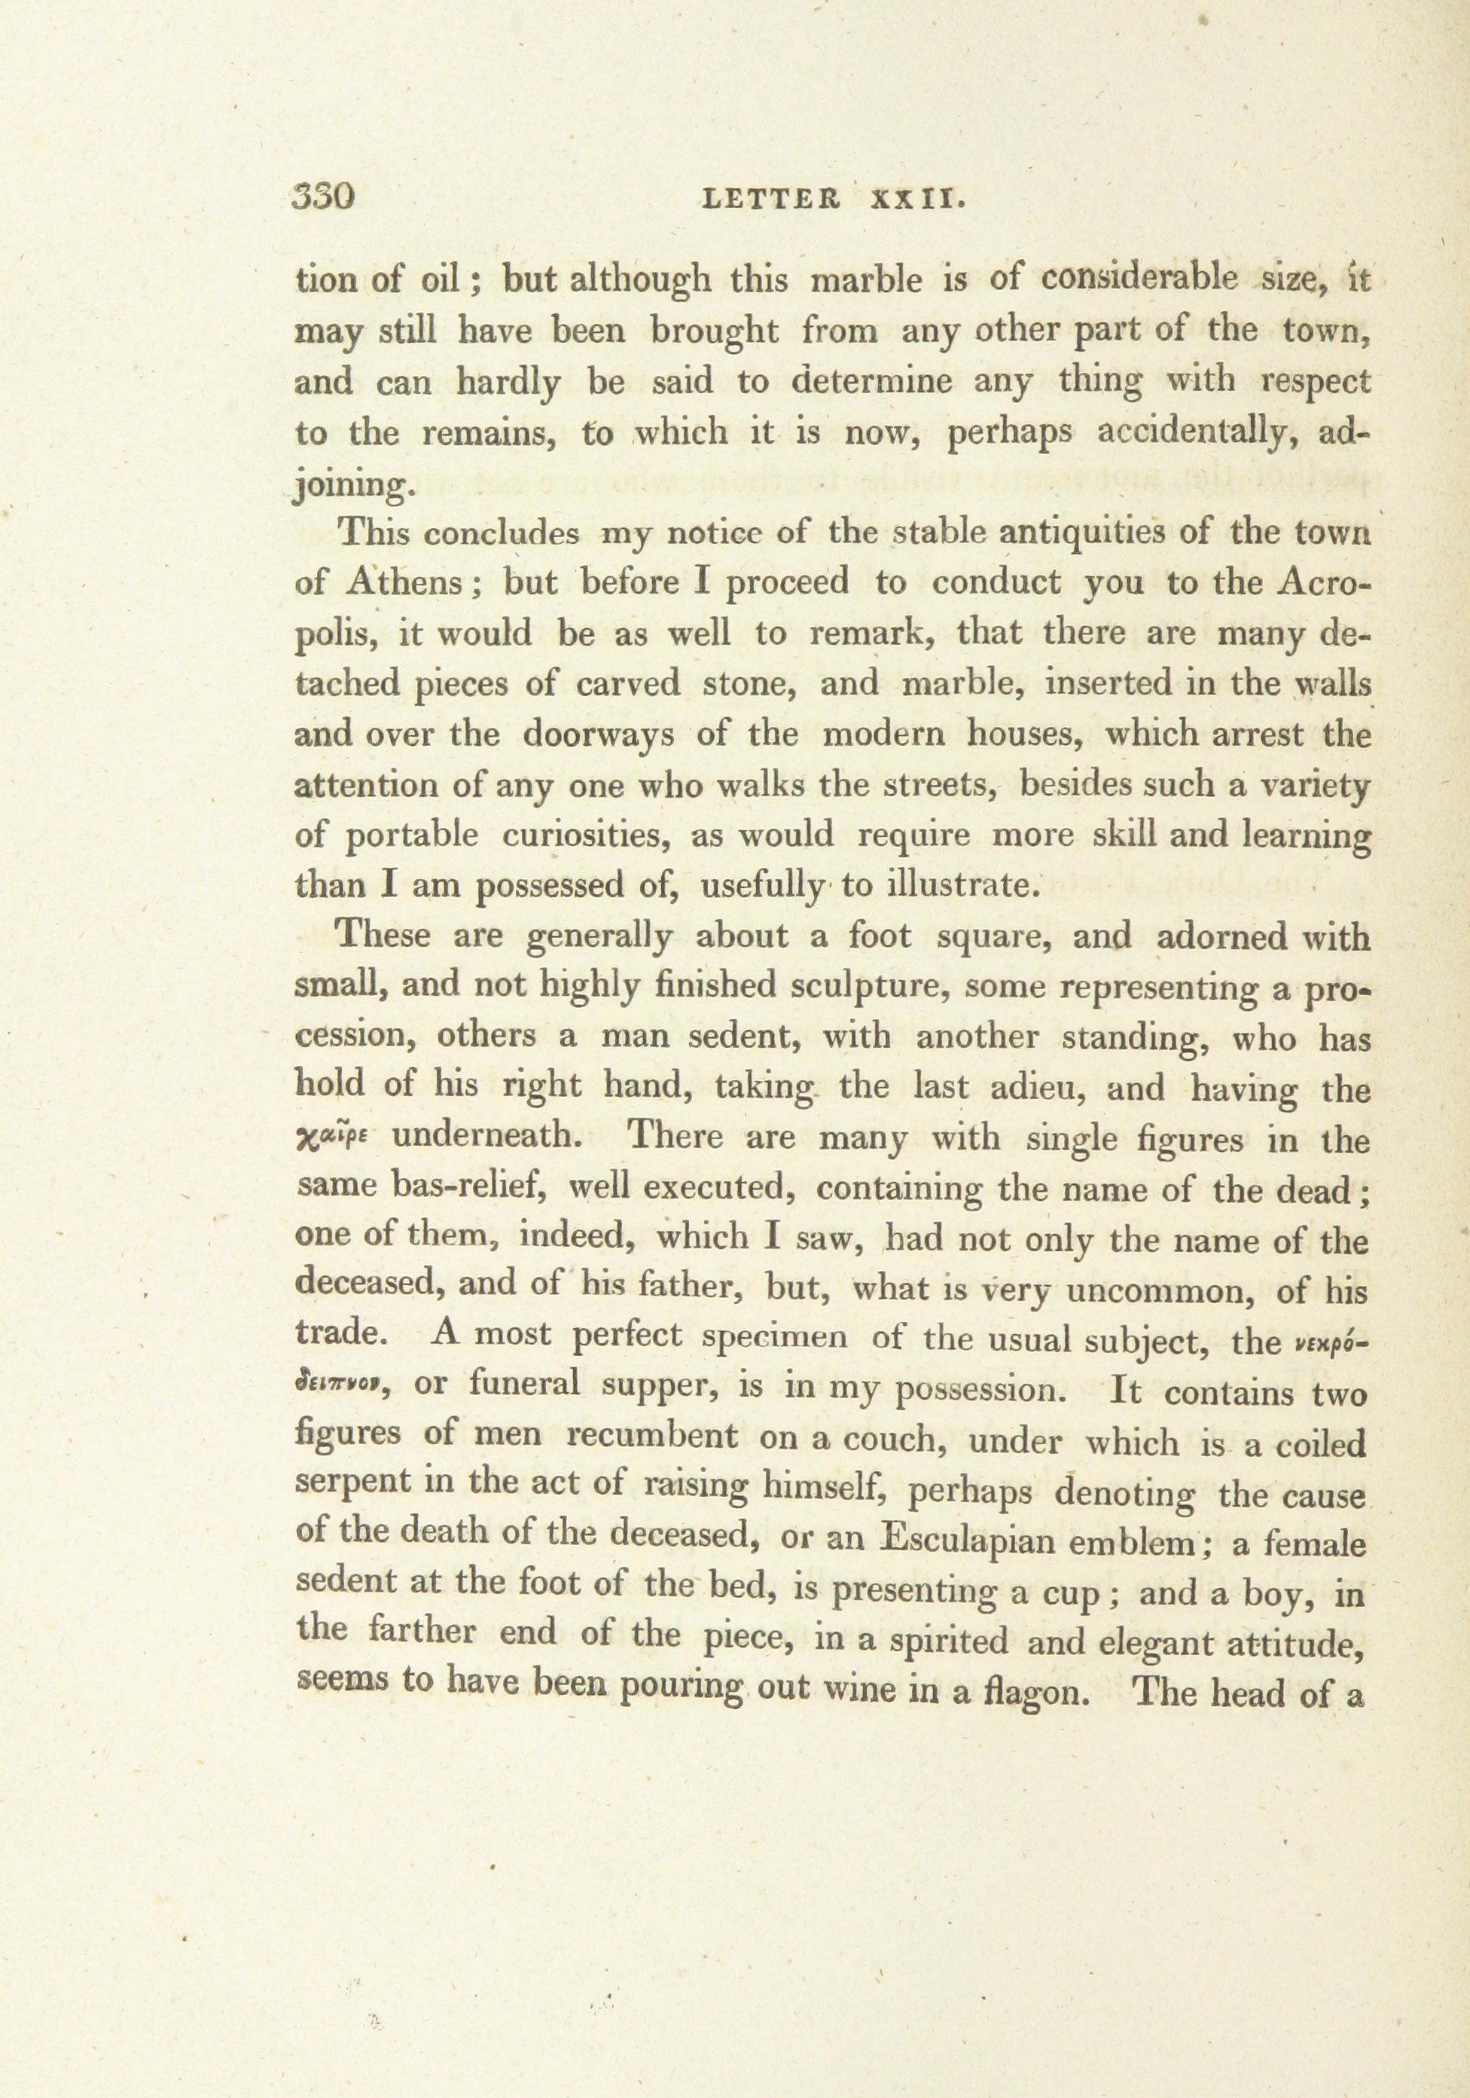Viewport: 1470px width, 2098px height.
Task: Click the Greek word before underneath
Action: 333,1138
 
